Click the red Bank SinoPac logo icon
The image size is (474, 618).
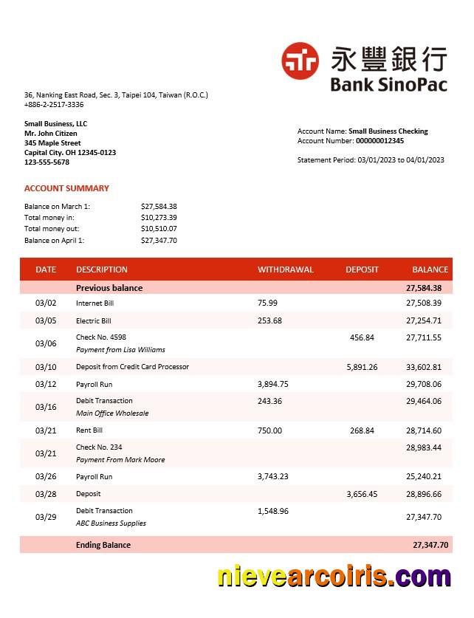(300, 61)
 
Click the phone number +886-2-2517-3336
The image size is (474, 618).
(54, 105)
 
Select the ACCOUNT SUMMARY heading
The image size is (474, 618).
(66, 188)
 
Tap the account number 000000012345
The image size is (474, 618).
(379, 141)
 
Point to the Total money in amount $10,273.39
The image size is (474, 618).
(159, 218)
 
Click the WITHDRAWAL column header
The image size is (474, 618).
(285, 269)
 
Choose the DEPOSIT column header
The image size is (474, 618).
(362, 269)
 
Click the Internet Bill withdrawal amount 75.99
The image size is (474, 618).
(267, 303)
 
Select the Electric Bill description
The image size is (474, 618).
(93, 321)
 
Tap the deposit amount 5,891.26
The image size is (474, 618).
(362, 367)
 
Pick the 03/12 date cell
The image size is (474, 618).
(46, 384)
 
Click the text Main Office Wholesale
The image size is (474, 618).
(112, 413)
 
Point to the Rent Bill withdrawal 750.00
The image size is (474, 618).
(269, 430)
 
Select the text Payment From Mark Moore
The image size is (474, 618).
(120, 460)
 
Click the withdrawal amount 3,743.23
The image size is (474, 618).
(272, 477)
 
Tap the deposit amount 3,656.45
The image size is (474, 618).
(362, 494)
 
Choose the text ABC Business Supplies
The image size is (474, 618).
(111, 523)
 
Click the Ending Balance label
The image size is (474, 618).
(103, 545)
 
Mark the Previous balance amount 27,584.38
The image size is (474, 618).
(423, 288)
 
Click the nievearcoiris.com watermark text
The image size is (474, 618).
(334, 576)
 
